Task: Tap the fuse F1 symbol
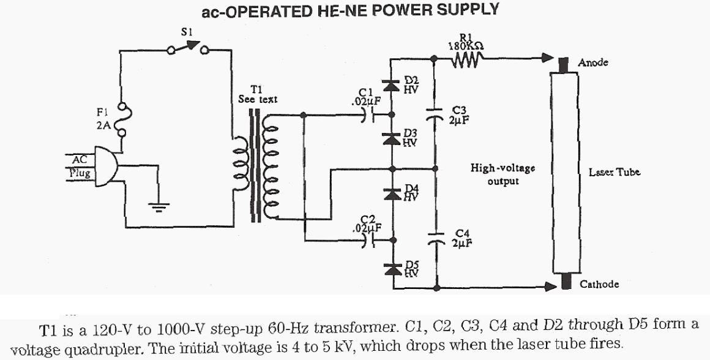point(126,120)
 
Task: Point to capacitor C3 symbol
point(435,114)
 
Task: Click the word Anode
point(593,63)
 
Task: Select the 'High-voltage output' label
point(495,174)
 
